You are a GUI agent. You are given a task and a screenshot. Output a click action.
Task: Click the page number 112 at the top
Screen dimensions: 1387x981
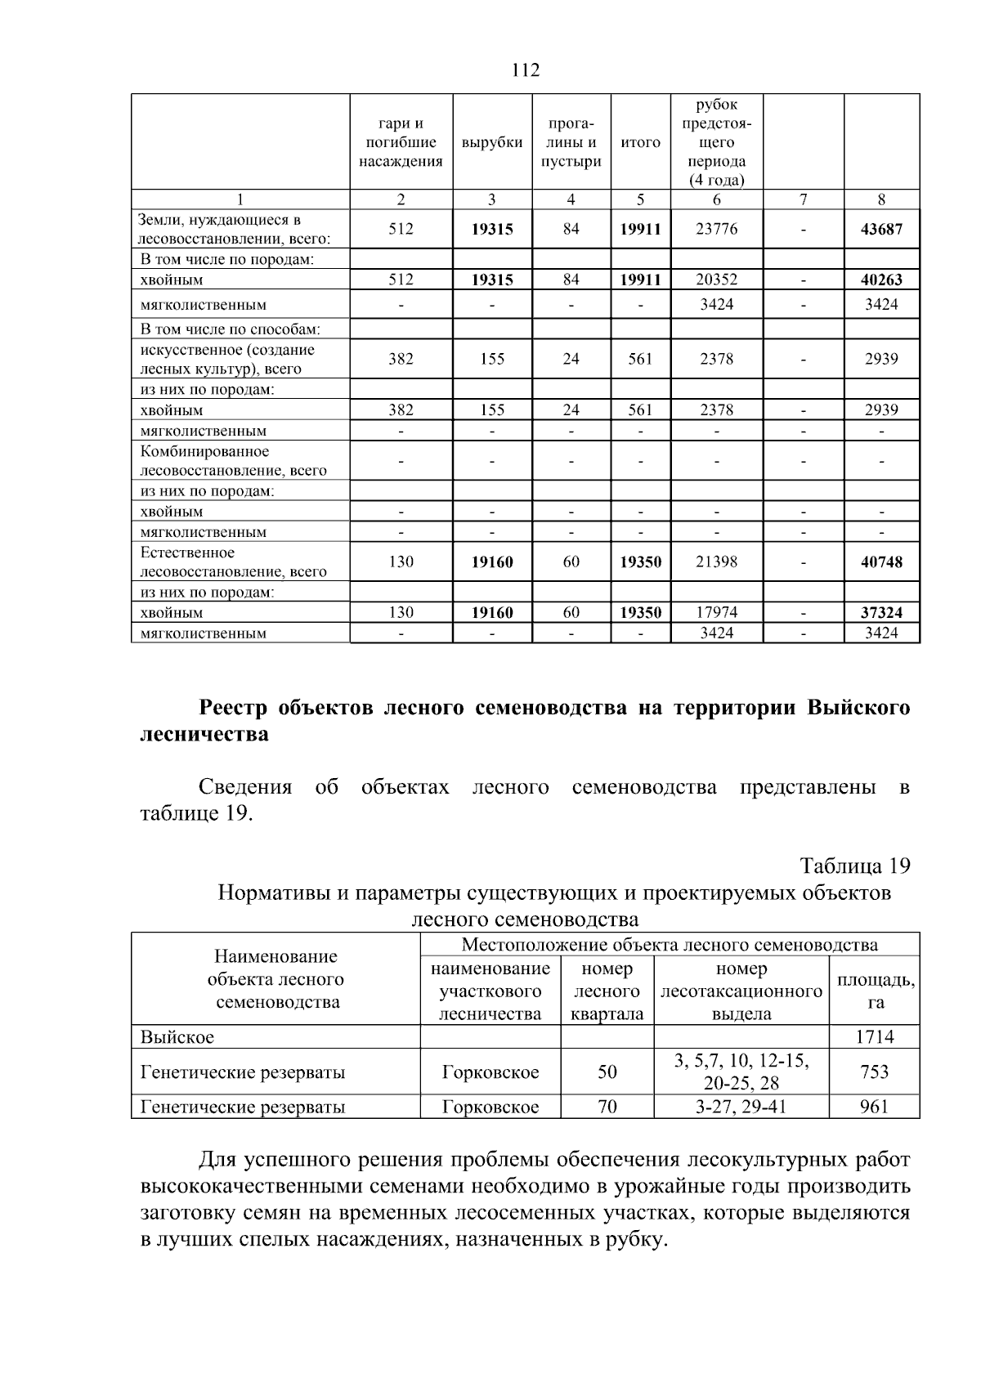(x=526, y=70)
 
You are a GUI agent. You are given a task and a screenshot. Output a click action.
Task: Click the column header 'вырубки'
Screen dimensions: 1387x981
(x=492, y=142)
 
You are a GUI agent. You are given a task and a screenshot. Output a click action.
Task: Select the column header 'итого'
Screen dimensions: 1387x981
(x=640, y=142)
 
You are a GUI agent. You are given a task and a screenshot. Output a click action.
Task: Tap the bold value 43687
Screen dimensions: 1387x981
(x=881, y=229)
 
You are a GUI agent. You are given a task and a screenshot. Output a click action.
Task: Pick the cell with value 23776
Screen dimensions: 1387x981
(x=716, y=229)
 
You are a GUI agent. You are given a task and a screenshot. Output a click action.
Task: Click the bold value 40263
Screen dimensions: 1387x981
(x=881, y=280)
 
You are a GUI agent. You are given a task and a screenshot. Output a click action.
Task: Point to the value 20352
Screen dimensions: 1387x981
(x=716, y=280)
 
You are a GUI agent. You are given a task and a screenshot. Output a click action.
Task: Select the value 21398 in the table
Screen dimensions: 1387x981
(x=716, y=562)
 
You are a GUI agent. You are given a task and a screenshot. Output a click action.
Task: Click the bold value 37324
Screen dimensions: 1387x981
(x=881, y=612)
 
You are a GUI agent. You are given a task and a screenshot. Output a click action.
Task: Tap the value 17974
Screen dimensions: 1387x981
(x=716, y=612)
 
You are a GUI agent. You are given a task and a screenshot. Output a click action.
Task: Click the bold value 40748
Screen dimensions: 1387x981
(x=881, y=562)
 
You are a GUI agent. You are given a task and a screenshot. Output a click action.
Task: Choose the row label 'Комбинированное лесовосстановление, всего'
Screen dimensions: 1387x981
(x=233, y=461)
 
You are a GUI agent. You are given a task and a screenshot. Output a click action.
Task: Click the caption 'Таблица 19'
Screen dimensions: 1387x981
(x=854, y=866)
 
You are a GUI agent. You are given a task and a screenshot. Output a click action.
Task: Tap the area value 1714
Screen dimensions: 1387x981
(x=874, y=1037)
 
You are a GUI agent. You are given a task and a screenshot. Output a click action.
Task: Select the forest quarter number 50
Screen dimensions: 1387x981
(x=607, y=1072)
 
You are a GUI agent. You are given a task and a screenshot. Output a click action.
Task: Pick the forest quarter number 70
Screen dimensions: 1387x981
(x=607, y=1107)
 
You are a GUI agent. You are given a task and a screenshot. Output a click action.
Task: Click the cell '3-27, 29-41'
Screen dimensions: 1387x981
(x=741, y=1107)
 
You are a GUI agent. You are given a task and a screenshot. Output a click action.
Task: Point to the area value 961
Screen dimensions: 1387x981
(x=874, y=1107)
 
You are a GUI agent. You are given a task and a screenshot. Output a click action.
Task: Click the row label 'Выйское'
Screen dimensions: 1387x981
(x=177, y=1037)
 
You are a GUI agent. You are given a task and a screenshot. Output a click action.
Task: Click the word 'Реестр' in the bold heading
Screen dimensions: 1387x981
(x=235, y=708)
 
